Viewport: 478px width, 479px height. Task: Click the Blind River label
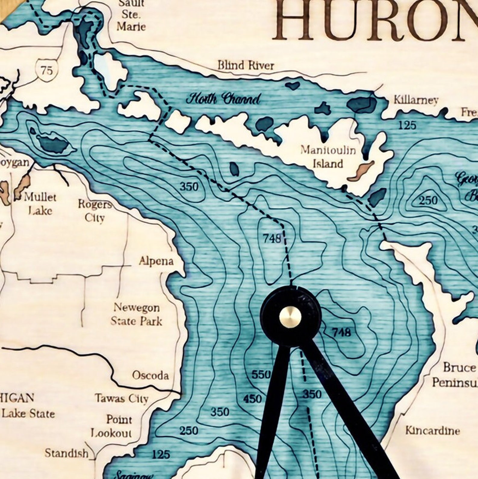point(246,65)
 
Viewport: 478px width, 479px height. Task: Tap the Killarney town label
point(416,100)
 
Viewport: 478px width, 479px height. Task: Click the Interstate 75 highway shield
point(46,70)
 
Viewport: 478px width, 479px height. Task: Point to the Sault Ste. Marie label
point(131,15)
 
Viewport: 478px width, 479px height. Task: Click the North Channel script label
point(223,99)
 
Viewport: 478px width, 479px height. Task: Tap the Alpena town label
point(156,261)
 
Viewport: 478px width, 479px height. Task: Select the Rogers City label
point(95,211)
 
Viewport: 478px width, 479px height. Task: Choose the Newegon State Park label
point(137,314)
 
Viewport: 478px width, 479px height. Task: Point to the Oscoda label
point(150,375)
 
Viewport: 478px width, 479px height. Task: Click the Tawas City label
point(122,399)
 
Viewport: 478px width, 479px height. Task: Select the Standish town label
point(67,453)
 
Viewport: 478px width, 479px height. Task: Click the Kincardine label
point(433,430)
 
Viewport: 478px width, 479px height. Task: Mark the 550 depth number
point(261,374)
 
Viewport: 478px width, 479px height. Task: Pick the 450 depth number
point(252,399)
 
